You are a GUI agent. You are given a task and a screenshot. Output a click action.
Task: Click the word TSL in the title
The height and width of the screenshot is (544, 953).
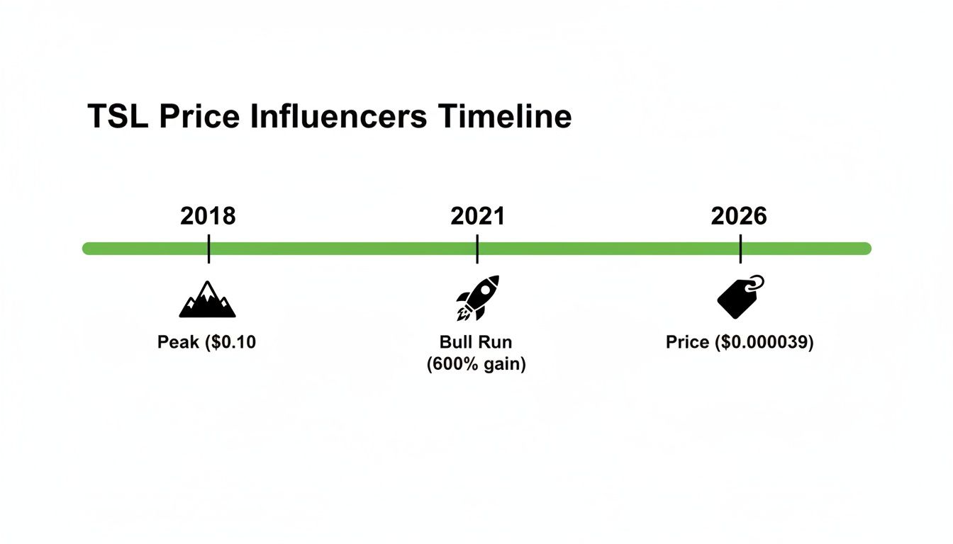(118, 117)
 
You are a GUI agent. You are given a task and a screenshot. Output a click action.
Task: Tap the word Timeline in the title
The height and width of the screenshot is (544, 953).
(504, 117)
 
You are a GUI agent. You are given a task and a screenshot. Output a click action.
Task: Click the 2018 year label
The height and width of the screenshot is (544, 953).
(208, 216)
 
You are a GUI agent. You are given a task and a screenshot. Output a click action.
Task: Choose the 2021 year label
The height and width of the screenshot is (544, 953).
(477, 216)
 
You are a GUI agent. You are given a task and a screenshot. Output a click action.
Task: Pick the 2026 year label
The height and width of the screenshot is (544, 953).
(739, 216)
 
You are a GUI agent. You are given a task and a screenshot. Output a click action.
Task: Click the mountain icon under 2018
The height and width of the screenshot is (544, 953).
(207, 300)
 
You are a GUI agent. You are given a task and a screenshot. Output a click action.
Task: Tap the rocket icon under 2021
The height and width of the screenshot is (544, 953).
(477, 297)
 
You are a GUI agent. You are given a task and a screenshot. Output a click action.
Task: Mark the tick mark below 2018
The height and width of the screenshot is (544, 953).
(208, 249)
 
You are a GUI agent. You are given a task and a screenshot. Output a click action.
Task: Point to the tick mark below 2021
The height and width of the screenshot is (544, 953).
(477, 249)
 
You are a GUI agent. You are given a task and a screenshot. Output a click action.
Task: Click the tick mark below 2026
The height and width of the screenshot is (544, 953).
(740, 249)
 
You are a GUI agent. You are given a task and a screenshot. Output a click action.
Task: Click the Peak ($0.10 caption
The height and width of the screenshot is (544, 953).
(206, 343)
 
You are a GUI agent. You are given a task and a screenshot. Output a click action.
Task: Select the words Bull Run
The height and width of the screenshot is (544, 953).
(476, 343)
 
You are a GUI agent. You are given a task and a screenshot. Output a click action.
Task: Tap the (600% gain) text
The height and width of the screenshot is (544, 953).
(476, 365)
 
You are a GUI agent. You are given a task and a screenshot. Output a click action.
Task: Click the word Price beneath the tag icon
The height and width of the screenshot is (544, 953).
(687, 343)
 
